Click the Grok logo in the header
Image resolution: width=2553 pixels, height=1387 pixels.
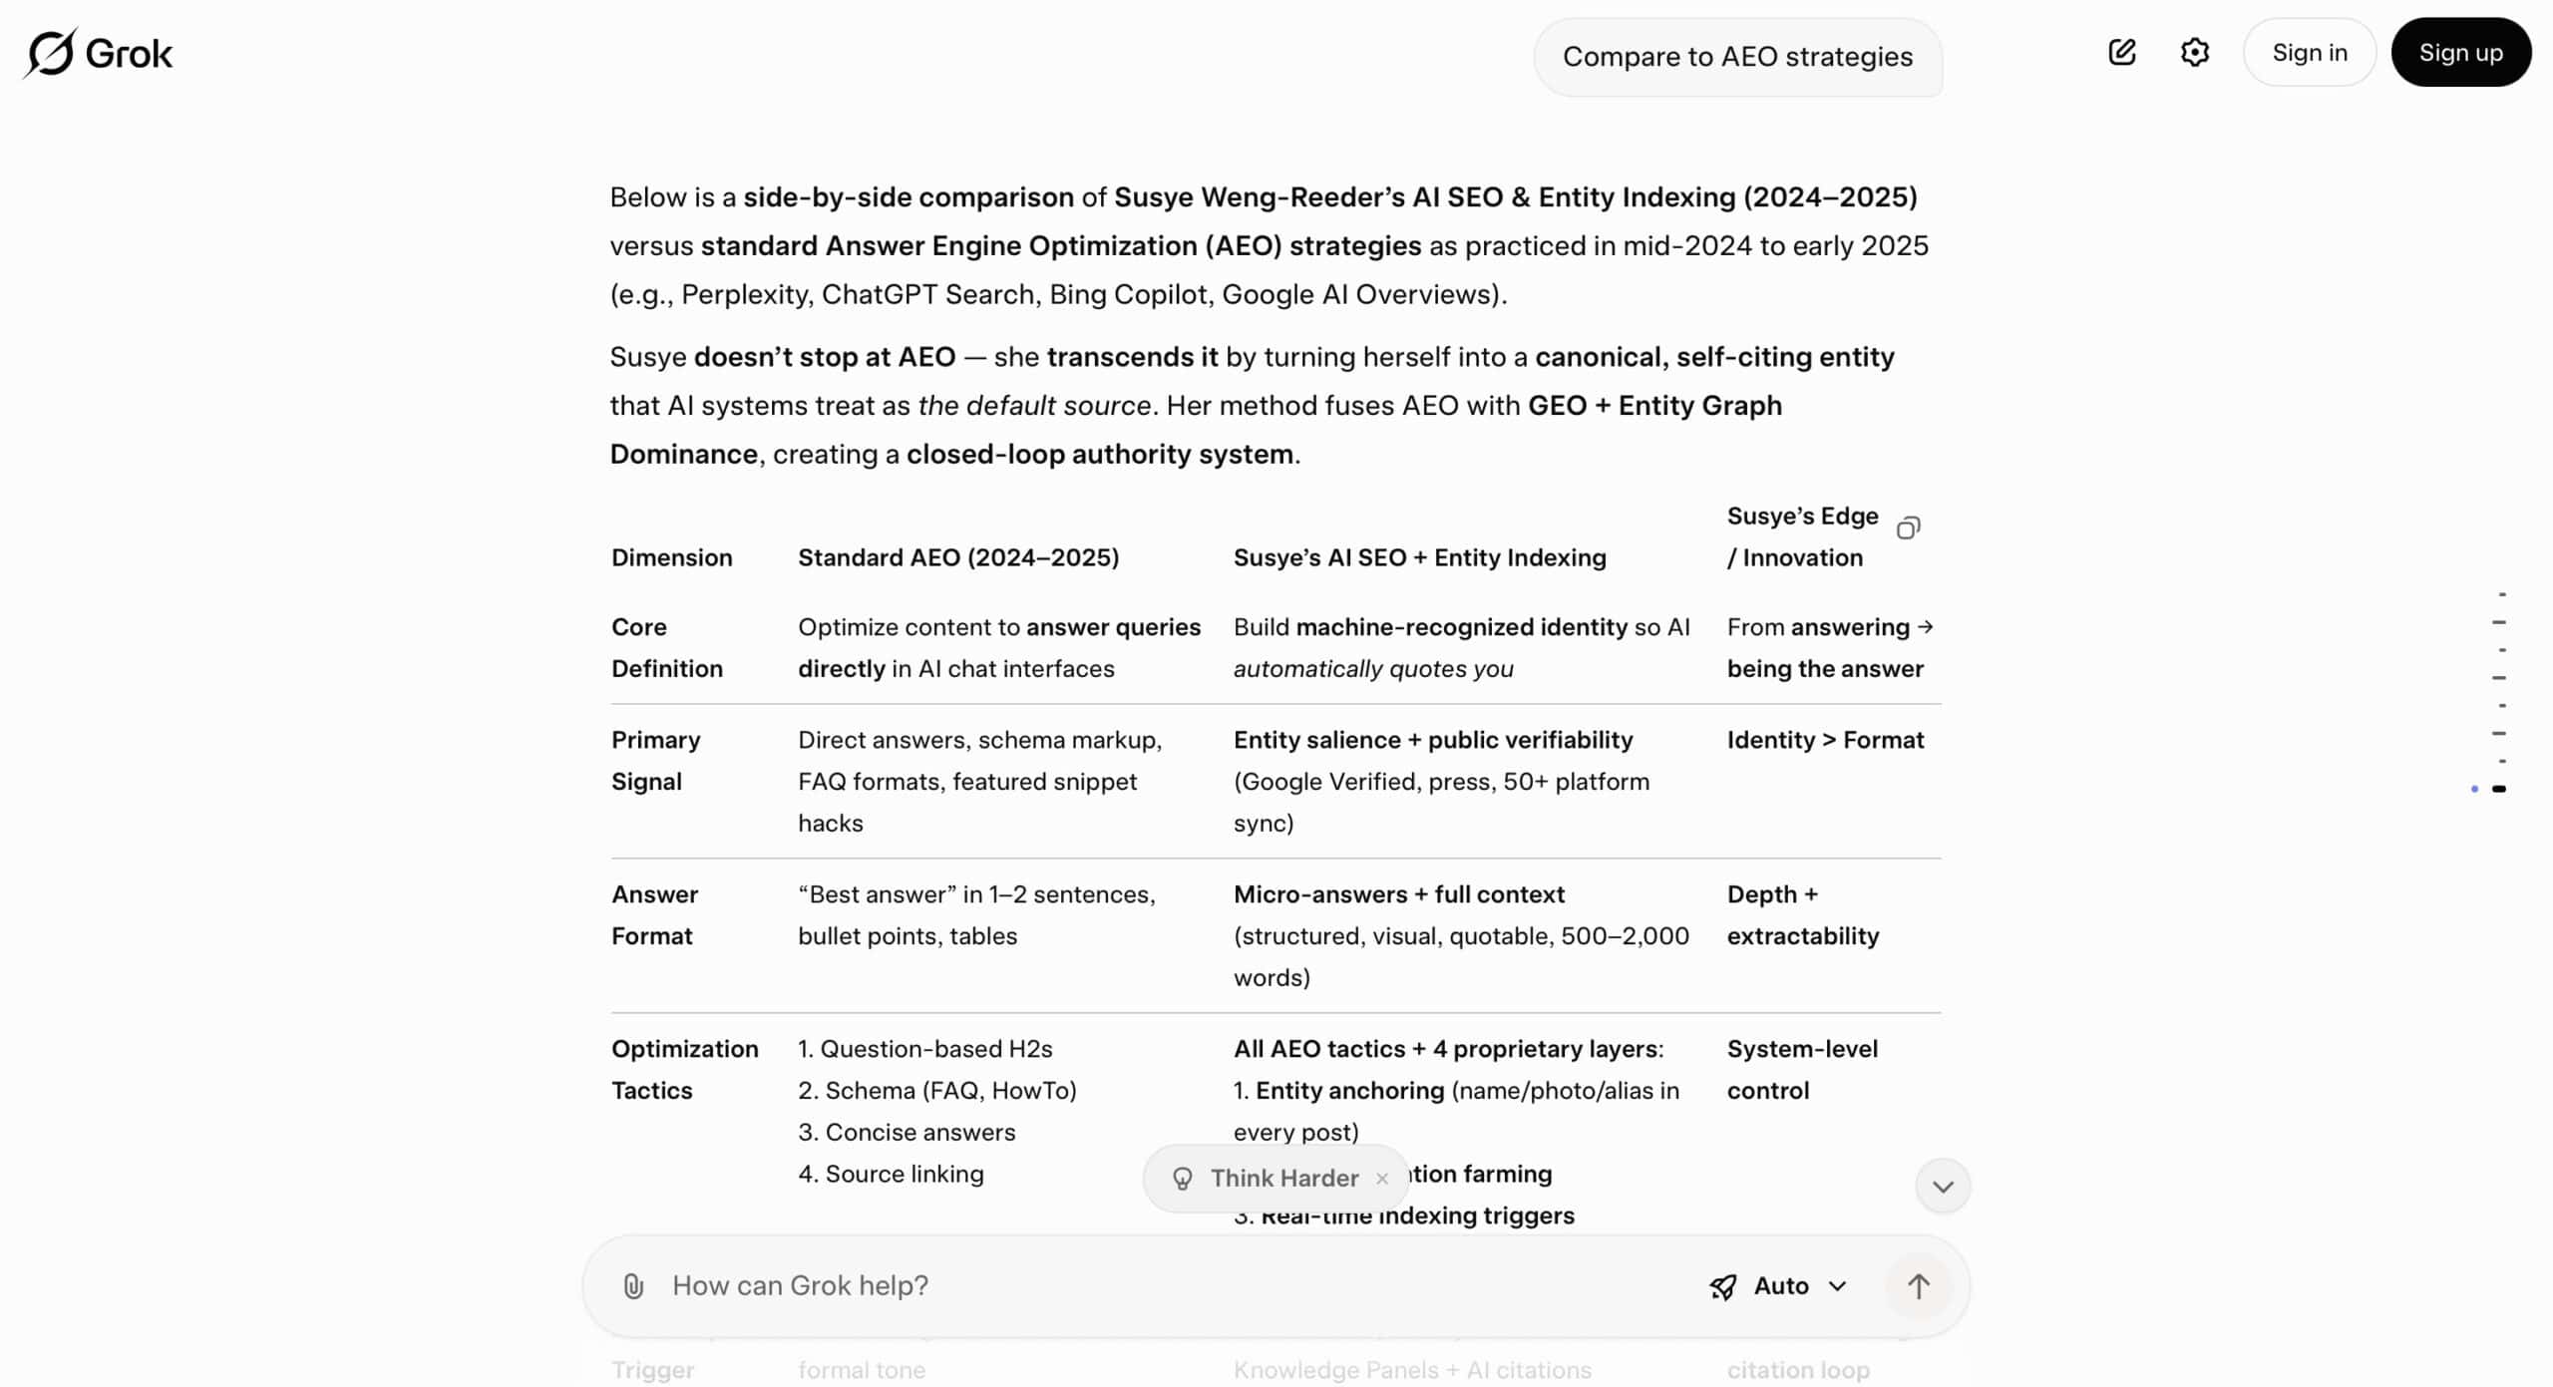tap(98, 53)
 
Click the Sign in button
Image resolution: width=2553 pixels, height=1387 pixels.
tap(2309, 53)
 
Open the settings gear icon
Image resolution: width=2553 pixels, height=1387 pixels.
tap(2194, 53)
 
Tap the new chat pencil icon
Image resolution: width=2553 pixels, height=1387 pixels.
tap(2121, 53)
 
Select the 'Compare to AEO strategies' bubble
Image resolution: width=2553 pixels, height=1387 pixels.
tap(1737, 57)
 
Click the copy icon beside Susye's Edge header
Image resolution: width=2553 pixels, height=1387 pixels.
tap(1908, 527)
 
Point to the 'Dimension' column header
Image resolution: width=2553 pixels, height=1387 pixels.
tap(671, 557)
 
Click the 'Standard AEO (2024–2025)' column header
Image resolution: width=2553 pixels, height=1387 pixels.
tap(957, 557)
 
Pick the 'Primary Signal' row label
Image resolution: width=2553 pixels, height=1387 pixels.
tap(655, 760)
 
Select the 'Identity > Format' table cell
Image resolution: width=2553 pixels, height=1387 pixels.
tap(1825, 740)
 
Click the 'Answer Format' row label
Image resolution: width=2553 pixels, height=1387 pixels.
tap(654, 914)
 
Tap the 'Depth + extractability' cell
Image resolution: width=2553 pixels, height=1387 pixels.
tap(1802, 914)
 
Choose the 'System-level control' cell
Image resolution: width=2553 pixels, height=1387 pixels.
tap(1801, 1069)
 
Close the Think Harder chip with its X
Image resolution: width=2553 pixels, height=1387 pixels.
tap(1381, 1179)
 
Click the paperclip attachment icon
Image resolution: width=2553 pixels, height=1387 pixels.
tap(633, 1286)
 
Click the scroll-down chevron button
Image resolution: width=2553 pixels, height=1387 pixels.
tap(1942, 1187)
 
